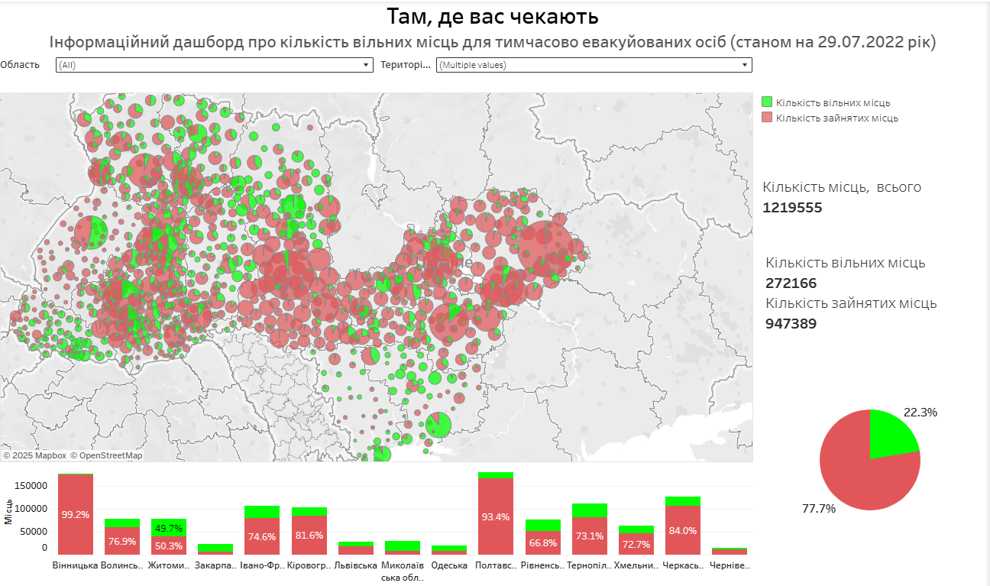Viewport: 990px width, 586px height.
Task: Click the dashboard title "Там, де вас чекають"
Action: pyautogui.click(x=493, y=16)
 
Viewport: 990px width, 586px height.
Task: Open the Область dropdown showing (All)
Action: pyautogui.click(x=214, y=65)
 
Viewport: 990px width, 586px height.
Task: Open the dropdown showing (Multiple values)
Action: pyautogui.click(x=594, y=65)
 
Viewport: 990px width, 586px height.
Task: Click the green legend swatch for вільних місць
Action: pyautogui.click(x=768, y=102)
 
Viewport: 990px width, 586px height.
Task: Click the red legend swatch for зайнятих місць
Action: pyautogui.click(x=768, y=118)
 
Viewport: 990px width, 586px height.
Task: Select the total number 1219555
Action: pyautogui.click(x=792, y=208)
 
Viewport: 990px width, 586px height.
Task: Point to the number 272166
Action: pyautogui.click(x=791, y=283)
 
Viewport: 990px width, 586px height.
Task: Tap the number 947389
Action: pyautogui.click(x=791, y=323)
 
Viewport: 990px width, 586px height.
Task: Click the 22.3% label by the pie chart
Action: pyautogui.click(x=920, y=413)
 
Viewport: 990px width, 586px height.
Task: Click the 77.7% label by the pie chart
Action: pyautogui.click(x=818, y=508)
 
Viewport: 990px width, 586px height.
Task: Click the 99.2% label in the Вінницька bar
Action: pyautogui.click(x=76, y=515)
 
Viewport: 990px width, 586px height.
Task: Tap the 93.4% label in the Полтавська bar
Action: pyautogui.click(x=496, y=517)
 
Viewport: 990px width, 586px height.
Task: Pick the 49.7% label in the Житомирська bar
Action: pyautogui.click(x=168, y=528)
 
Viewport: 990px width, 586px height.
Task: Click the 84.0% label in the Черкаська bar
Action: pyautogui.click(x=682, y=531)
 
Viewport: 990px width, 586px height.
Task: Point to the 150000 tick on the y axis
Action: pyautogui.click(x=31, y=486)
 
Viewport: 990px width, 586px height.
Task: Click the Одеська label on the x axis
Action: pyautogui.click(x=449, y=566)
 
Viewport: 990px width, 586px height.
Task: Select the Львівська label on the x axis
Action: pyautogui.click(x=356, y=566)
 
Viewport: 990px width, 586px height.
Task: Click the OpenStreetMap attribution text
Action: pyautogui.click(x=106, y=455)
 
